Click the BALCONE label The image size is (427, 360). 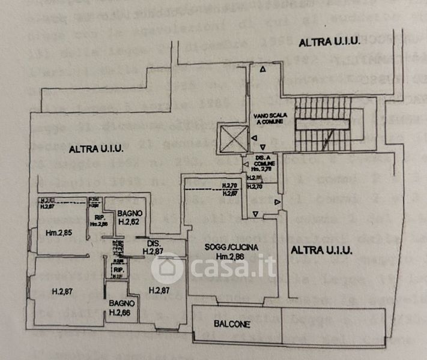point(232,325)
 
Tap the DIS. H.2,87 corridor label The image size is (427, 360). point(156,247)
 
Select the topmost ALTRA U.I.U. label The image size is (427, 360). point(329,42)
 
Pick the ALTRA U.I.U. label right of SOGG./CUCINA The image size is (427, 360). point(321,250)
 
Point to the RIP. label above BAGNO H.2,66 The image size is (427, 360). point(118,270)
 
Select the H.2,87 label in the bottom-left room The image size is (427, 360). point(62,292)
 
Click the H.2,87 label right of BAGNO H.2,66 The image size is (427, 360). point(159,290)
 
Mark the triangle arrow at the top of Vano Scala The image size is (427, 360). point(262,70)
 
